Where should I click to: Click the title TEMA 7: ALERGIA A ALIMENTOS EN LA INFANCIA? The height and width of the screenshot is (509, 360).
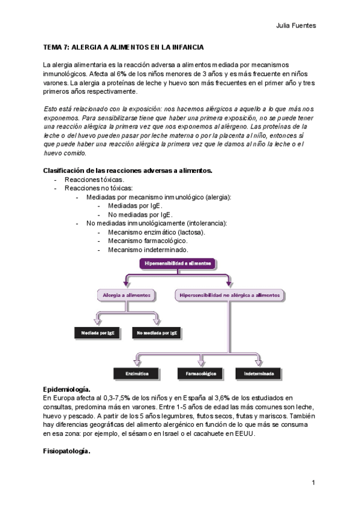coord(123,46)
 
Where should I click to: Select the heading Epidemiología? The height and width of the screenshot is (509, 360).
coord(67,390)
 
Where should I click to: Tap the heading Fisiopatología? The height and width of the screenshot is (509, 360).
coord(67,451)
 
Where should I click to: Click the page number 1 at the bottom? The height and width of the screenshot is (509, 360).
coord(314,482)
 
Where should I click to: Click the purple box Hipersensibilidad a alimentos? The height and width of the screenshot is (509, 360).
coord(178,262)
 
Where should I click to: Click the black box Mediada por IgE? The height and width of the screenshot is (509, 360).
coord(94,332)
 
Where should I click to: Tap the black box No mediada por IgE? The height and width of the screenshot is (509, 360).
coord(156,332)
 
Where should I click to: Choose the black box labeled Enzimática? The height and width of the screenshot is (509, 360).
coord(137,373)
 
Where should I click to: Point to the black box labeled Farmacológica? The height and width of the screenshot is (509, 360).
coord(200,373)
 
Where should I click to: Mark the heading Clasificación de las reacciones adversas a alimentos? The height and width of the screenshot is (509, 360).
coord(128,170)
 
